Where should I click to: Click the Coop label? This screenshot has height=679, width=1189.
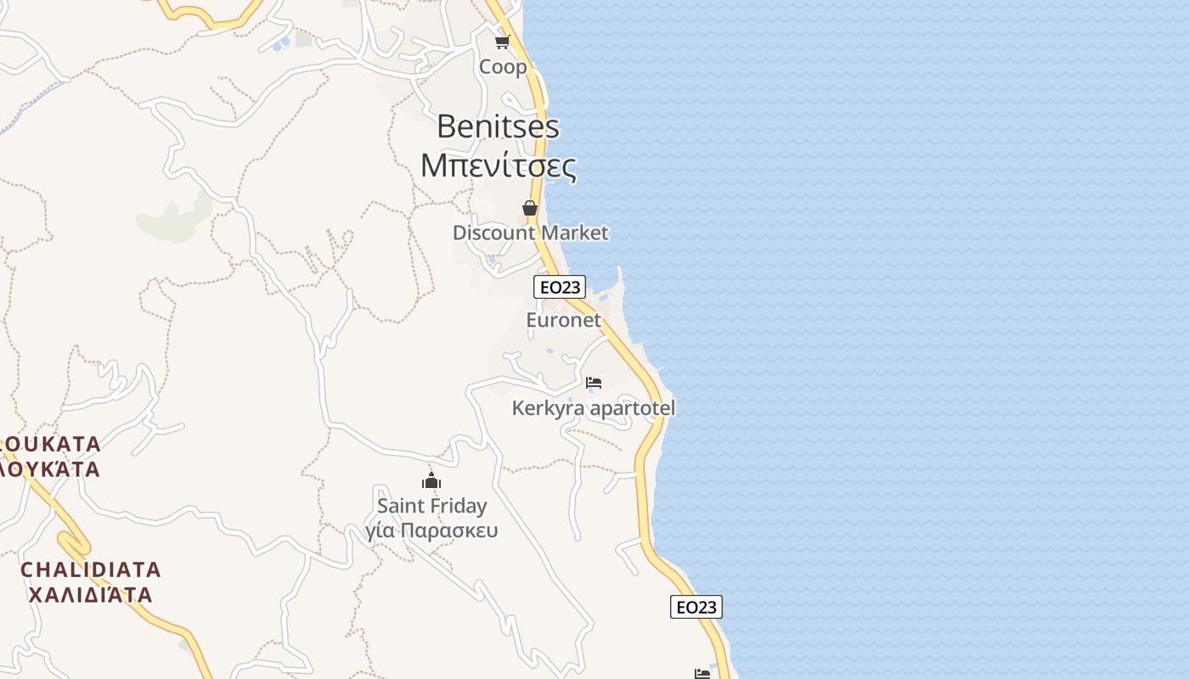pos(503,67)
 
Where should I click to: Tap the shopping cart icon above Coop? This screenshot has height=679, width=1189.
pos(502,42)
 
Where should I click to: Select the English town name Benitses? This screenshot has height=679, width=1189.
pos(498,126)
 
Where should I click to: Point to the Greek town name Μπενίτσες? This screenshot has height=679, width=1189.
pos(499,166)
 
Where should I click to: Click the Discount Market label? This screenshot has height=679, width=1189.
pos(530,233)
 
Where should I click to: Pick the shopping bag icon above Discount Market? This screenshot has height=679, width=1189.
pos(530,208)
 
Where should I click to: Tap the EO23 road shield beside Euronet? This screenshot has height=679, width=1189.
pos(560,287)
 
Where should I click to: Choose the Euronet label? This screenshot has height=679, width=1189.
pos(563,320)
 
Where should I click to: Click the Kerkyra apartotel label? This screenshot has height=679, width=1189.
pos(593,408)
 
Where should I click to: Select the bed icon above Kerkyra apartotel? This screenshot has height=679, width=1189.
pos(594,383)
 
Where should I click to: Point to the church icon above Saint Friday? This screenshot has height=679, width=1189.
pos(431,481)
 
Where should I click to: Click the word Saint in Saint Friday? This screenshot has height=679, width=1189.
pos(402,506)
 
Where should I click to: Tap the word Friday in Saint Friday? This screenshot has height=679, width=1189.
pos(459,506)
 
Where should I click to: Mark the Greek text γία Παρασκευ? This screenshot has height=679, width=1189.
pos(431,531)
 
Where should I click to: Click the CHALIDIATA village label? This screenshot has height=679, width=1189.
pos(91,569)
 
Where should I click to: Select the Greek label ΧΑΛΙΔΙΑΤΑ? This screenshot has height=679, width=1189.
pos(91,594)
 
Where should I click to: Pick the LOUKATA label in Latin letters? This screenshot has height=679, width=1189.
pos(51,444)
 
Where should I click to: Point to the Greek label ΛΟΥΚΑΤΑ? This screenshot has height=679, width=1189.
pos(51,469)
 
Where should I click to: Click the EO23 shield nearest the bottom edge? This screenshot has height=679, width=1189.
pos(696,607)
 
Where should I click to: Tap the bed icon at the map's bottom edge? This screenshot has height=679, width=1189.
pos(702,674)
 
